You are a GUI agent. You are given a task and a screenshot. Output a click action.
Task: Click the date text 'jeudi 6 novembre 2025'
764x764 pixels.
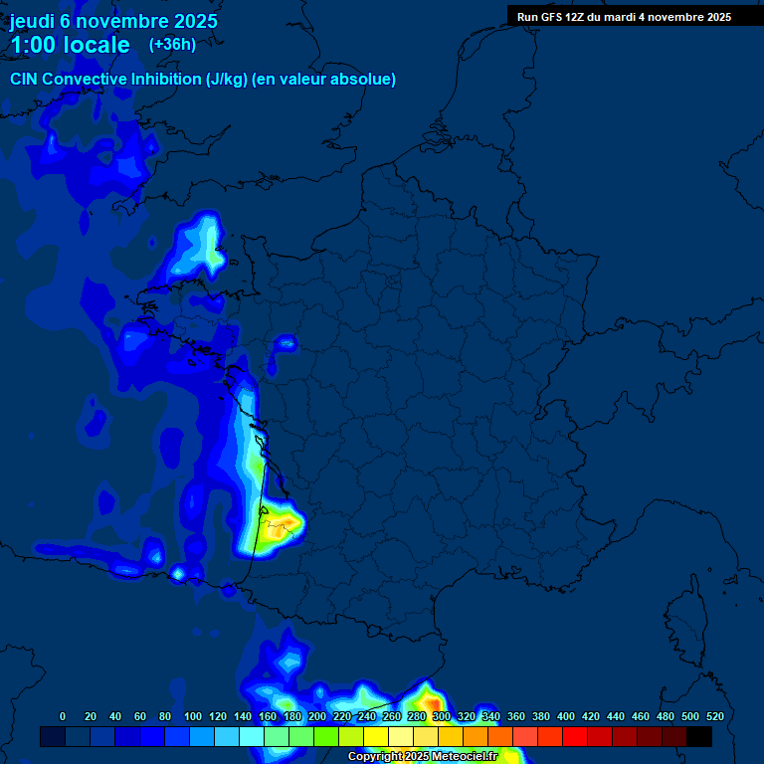pyautogui.click(x=113, y=21)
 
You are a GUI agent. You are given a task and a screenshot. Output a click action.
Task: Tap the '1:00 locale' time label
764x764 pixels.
pyautogui.click(x=70, y=45)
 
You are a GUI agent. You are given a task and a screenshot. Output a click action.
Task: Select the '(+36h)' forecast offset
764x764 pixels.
pyautogui.click(x=172, y=44)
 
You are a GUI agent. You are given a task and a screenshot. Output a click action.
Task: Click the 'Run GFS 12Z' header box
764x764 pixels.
pyautogui.click(x=624, y=16)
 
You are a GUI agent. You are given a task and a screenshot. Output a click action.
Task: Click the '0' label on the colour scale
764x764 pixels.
pyautogui.click(x=63, y=716)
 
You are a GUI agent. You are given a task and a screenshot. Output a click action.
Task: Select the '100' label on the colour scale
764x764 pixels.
pyautogui.click(x=192, y=716)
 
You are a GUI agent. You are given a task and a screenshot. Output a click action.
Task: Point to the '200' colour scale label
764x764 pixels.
pyautogui.click(x=316, y=716)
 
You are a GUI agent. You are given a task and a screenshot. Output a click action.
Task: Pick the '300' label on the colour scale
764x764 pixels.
pyautogui.click(x=441, y=716)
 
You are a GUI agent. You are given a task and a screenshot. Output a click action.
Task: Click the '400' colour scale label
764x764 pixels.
pyautogui.click(x=566, y=716)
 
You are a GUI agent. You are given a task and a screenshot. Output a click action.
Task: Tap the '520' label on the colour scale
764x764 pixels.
pyautogui.click(x=714, y=716)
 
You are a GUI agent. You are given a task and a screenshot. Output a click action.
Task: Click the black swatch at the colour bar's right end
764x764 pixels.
pyautogui.click(x=699, y=737)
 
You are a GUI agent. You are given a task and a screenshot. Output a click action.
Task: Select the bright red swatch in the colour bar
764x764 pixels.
pyautogui.click(x=575, y=737)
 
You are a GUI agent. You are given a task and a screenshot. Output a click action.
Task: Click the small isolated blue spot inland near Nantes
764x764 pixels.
pyautogui.click(x=287, y=343)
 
